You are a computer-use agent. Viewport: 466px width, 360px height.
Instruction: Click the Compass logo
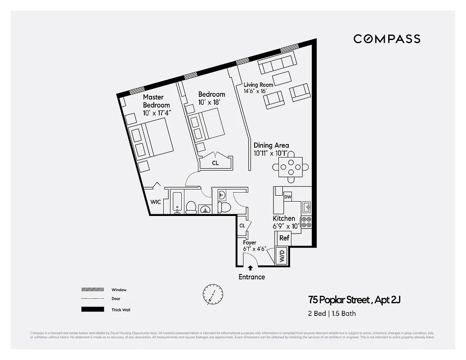[x=387, y=39]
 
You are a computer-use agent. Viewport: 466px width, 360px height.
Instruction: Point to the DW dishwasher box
[x=288, y=197]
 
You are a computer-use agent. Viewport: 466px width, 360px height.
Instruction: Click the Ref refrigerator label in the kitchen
[x=284, y=238]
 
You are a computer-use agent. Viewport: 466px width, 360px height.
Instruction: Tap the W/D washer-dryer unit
[x=282, y=257]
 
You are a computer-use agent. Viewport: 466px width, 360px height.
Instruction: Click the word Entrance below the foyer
[x=251, y=277]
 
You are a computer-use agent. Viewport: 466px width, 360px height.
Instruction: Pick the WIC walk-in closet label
[x=156, y=202]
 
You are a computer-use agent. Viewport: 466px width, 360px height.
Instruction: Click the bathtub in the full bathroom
[x=177, y=202]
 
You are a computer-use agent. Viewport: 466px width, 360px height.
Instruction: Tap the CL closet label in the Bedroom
[x=215, y=163]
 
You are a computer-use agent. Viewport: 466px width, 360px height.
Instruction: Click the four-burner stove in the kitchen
[x=306, y=222]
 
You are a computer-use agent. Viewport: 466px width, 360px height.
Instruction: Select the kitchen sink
[x=307, y=207]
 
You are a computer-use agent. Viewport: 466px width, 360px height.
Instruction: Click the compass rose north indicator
[x=212, y=295]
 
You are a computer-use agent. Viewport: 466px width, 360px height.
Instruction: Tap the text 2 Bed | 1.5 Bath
[x=332, y=313]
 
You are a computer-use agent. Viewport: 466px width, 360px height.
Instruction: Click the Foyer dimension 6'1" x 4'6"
[x=255, y=248]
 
